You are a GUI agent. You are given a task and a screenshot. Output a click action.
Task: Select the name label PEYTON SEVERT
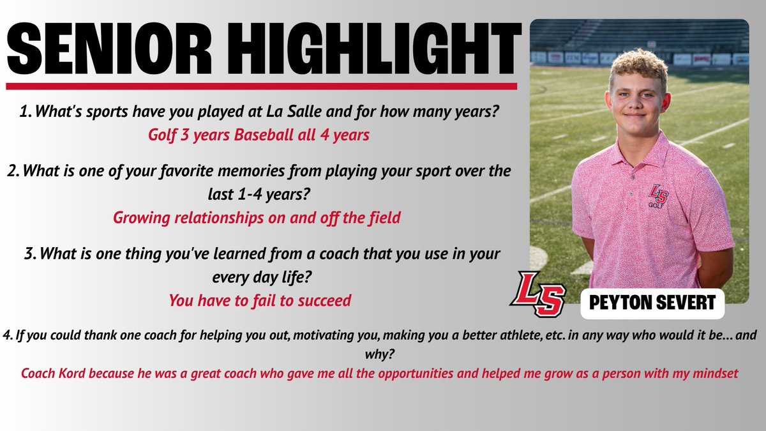click(x=652, y=302)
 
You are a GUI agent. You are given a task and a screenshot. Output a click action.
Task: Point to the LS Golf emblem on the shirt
click(x=658, y=195)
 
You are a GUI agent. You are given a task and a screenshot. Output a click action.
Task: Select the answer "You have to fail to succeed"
click(x=260, y=299)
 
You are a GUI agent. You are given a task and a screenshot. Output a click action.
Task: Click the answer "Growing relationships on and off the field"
click(x=257, y=217)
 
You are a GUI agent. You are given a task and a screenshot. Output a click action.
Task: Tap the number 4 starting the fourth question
click(x=6, y=336)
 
